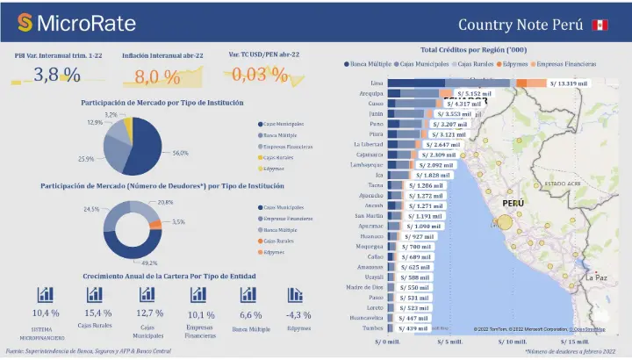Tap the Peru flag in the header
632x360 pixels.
[x=600, y=25]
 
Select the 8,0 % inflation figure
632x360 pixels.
[x=158, y=76]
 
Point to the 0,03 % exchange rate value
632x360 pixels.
[x=262, y=75]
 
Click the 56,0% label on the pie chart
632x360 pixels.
[x=181, y=153]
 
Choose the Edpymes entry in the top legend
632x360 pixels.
[x=518, y=64]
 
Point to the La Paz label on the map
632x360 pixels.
[x=597, y=277]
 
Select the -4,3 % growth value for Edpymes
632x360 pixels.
[x=298, y=314]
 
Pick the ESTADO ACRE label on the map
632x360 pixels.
[x=562, y=184]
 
